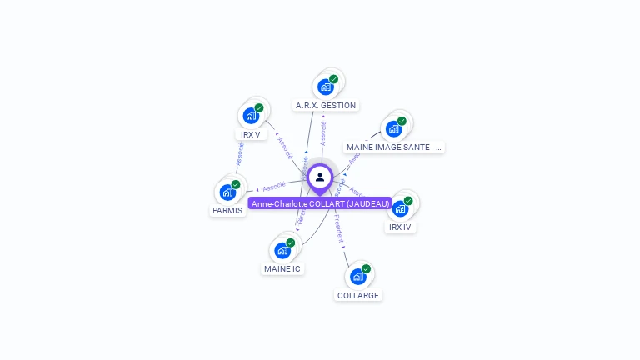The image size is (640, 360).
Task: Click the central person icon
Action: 320,177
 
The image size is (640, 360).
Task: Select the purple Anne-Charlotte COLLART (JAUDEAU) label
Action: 321,203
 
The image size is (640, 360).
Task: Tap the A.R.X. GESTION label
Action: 326,106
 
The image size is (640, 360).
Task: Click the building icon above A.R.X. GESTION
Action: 326,87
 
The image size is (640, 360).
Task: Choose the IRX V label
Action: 251,134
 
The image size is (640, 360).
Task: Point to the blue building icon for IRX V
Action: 251,116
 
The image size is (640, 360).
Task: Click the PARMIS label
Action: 227,210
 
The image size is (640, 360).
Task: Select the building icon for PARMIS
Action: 227,192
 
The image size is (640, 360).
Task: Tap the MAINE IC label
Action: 282,268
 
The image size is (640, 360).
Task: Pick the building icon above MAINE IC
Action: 282,250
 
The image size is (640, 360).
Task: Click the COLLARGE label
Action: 358,295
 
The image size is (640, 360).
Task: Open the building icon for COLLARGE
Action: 358,277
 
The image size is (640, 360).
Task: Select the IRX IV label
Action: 400,227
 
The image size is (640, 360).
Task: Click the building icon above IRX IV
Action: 400,208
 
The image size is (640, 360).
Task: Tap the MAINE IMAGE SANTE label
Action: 394,147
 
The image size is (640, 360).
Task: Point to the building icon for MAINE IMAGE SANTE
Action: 394,128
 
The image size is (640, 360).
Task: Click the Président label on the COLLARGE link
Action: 339,231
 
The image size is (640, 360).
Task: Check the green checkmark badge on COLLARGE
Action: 366,269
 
